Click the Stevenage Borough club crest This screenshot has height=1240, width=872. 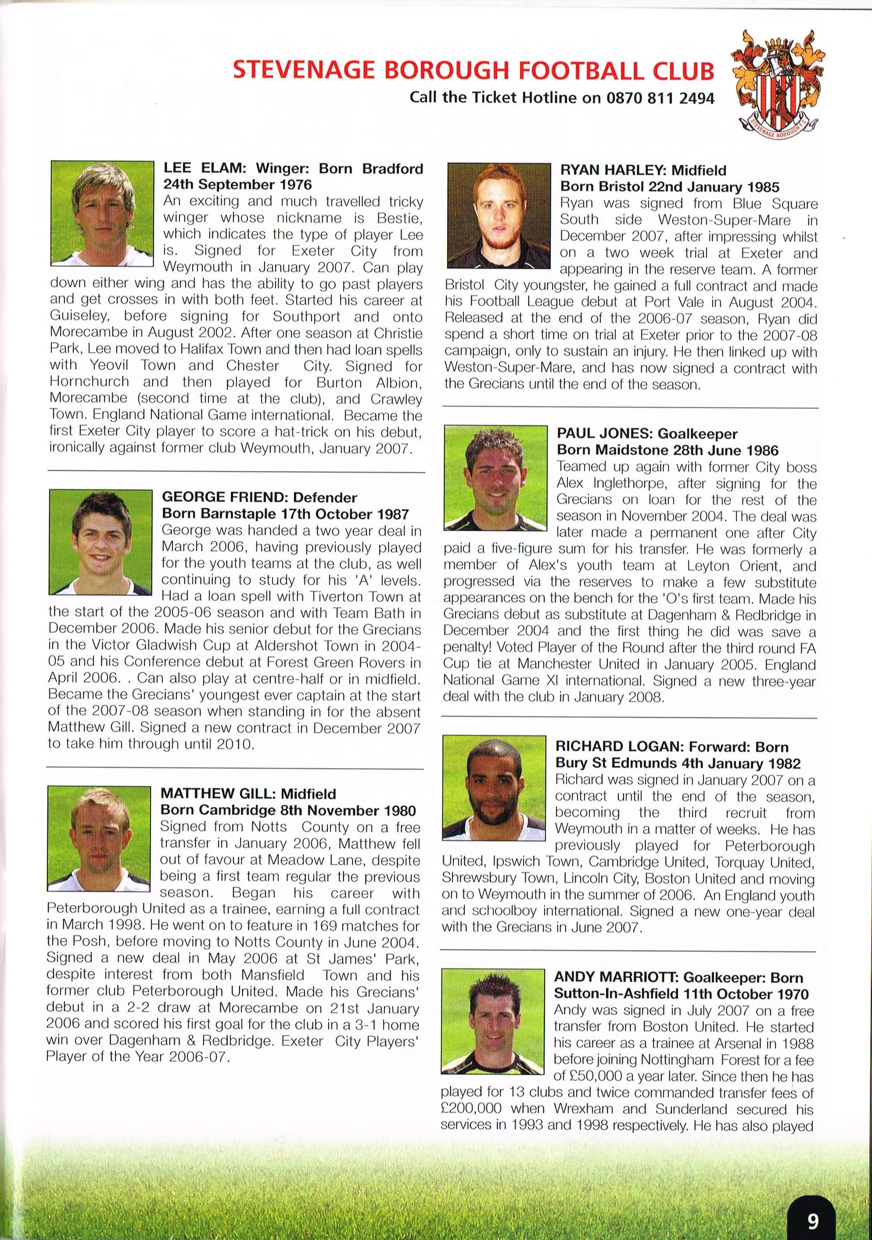point(779,86)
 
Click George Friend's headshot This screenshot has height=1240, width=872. point(100,541)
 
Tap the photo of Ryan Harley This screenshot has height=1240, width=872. point(499,216)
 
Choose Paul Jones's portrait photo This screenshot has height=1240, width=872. point(495,478)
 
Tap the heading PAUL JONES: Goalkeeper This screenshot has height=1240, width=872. point(647,434)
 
